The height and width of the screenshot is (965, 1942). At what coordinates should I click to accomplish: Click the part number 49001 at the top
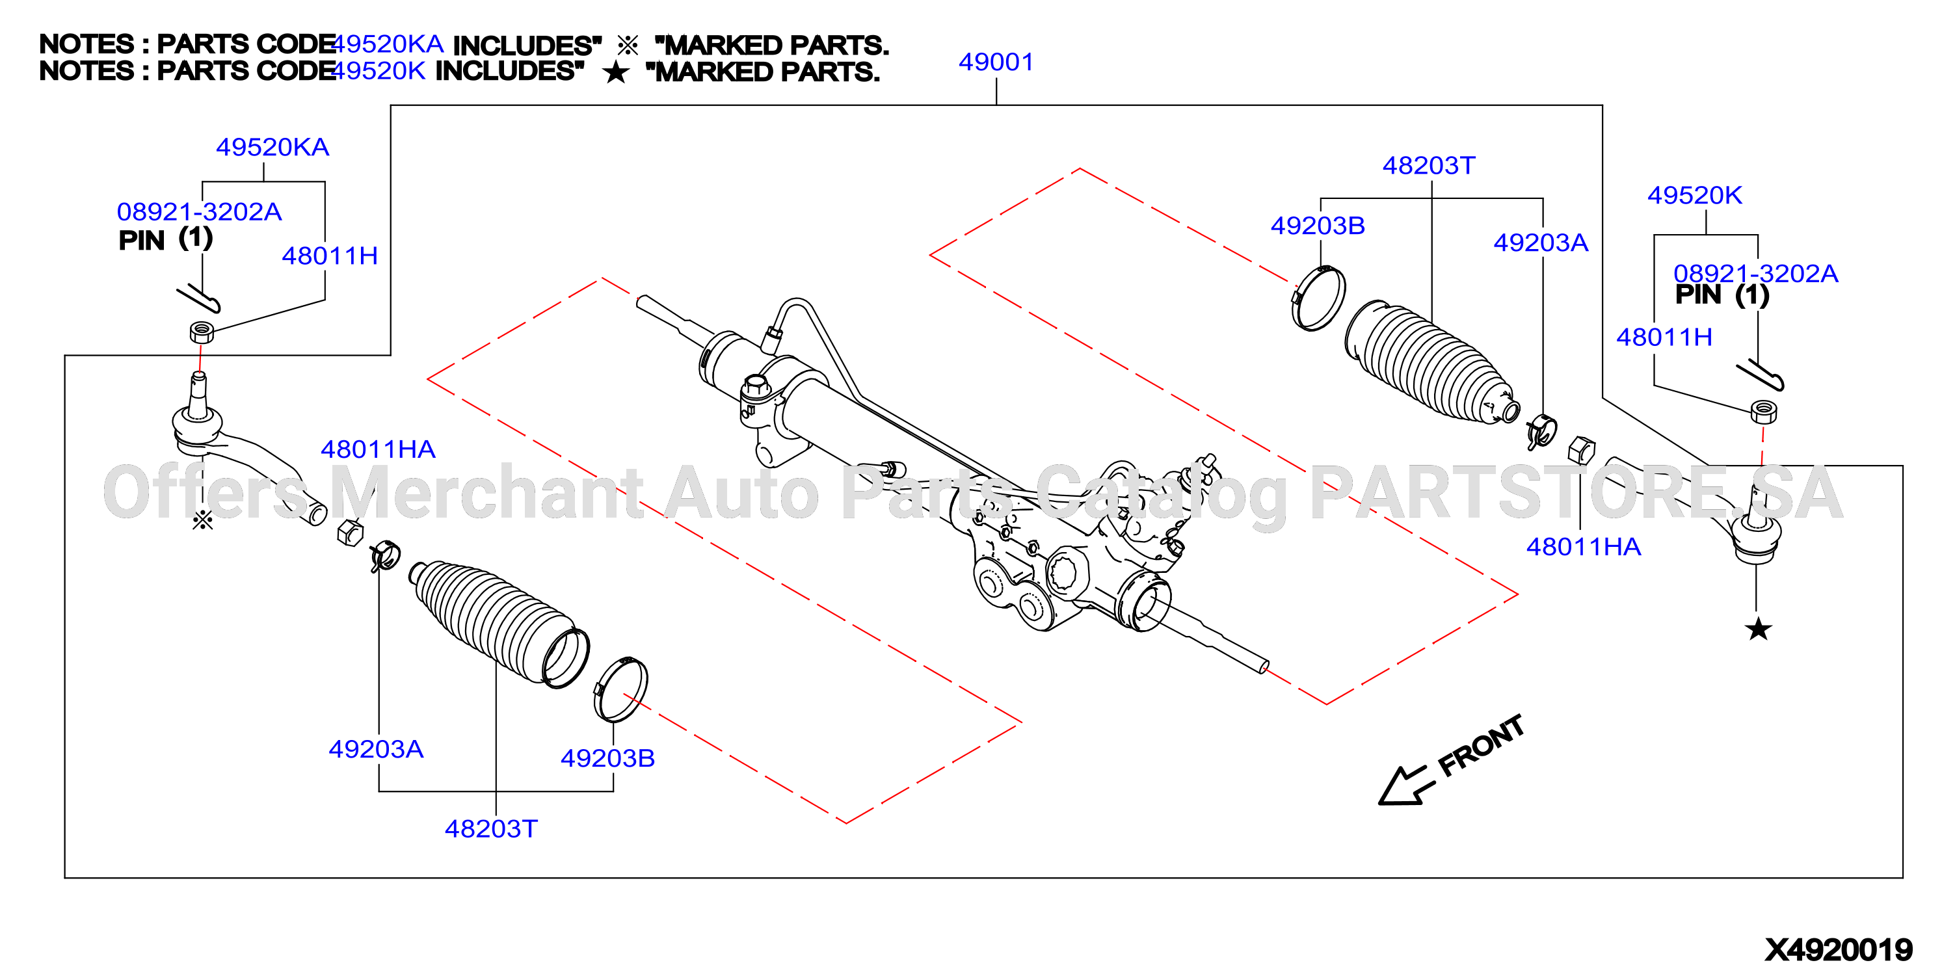[x=996, y=62]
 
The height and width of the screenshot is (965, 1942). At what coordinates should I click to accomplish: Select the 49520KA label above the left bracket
[x=272, y=147]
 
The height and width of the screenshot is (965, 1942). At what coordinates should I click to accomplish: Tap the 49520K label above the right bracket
[x=1694, y=195]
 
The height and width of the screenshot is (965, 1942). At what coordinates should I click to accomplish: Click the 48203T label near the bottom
[x=491, y=828]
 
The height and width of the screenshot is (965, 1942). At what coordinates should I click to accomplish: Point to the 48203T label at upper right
[x=1429, y=165]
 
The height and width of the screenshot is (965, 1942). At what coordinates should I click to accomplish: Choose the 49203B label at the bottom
[x=607, y=758]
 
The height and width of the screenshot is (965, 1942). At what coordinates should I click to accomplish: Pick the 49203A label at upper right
[x=1541, y=242]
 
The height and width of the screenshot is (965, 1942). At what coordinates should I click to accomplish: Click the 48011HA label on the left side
[x=378, y=449]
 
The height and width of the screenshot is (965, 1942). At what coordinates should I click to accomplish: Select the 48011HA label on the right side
[x=1583, y=547]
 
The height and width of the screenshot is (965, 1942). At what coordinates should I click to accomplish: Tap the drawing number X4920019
[x=1839, y=949]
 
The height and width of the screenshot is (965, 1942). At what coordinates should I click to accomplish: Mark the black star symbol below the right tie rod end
[x=1758, y=629]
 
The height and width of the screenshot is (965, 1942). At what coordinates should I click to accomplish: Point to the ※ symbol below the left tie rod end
[x=203, y=520]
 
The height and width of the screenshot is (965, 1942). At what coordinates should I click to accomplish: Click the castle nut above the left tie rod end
[x=201, y=332]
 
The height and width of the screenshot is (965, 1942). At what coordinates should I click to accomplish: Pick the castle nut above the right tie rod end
[x=1763, y=412]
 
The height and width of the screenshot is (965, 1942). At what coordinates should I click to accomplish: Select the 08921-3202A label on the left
[x=199, y=212]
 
